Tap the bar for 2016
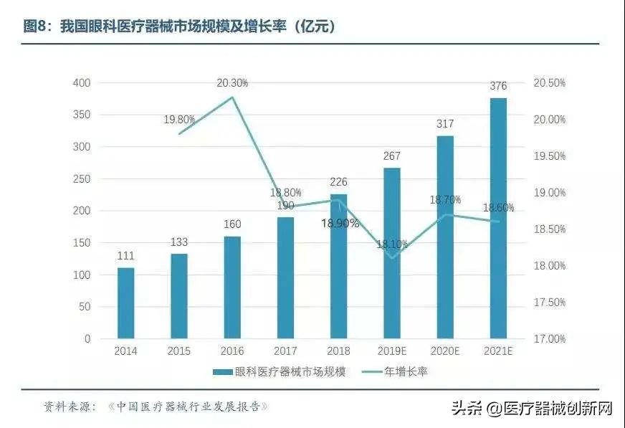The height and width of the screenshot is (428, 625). (232, 287)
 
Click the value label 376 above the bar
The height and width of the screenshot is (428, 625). (498, 86)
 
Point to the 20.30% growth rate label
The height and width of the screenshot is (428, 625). (232, 83)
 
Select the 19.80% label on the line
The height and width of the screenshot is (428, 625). (179, 120)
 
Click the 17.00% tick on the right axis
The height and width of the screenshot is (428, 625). (549, 338)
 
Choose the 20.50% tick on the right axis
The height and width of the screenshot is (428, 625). (549, 83)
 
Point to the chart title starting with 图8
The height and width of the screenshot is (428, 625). (179, 27)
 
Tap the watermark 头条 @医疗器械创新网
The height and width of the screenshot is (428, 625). (531, 409)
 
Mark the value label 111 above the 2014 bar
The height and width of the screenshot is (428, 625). (125, 256)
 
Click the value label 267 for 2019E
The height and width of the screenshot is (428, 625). (392, 156)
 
